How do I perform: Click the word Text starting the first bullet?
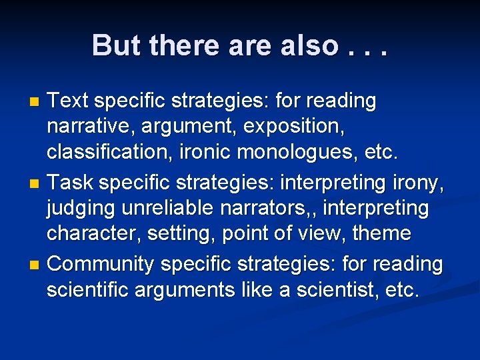[71, 101]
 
